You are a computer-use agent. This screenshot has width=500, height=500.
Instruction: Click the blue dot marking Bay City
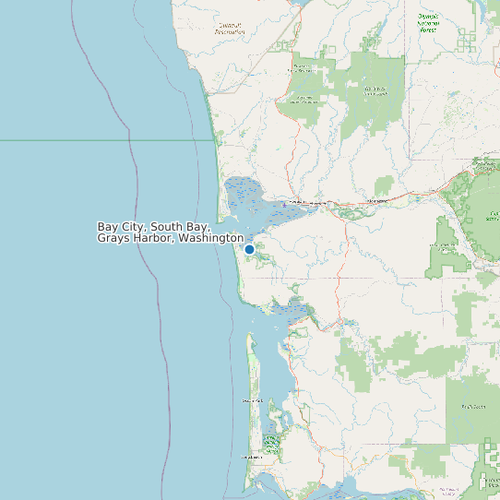click(249, 249)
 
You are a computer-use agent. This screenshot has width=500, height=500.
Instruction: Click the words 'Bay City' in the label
click(122, 227)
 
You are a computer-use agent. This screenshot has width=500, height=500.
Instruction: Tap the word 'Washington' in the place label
click(210, 239)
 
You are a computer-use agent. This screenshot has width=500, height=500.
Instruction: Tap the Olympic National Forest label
click(427, 23)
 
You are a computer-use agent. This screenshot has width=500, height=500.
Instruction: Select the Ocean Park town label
click(253, 400)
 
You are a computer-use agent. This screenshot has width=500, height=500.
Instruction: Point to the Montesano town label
click(377, 198)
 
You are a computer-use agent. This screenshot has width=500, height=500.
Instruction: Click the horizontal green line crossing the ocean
click(92, 140)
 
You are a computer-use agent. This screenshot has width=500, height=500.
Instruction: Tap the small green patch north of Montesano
click(384, 185)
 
